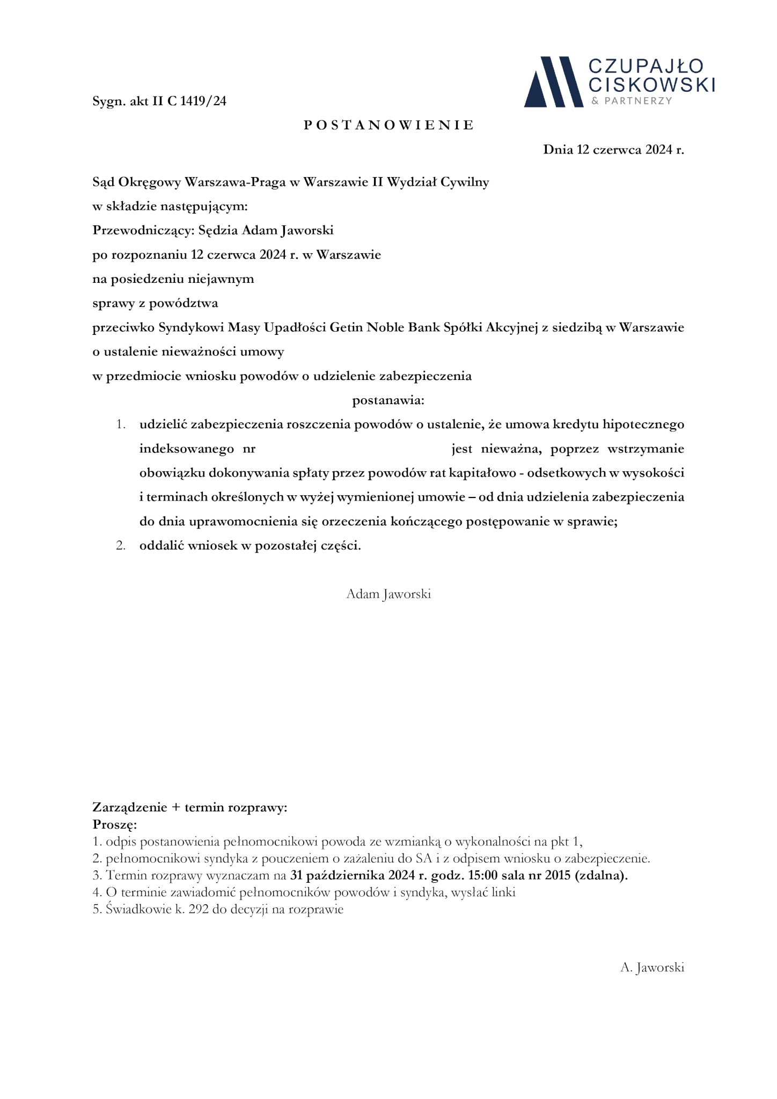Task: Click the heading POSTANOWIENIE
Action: pyautogui.click(x=388, y=125)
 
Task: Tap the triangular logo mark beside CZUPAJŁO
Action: pyautogui.click(x=553, y=82)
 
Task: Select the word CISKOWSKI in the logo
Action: pyautogui.click(x=651, y=84)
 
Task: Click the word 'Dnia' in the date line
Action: pyautogui.click(x=558, y=150)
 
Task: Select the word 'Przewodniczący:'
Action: pyautogui.click(x=143, y=231)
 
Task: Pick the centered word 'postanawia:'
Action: pyautogui.click(x=388, y=400)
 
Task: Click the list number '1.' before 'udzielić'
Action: pyautogui.click(x=121, y=424)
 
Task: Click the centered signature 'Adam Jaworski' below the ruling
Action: pyautogui.click(x=388, y=594)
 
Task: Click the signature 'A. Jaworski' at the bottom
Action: pyautogui.click(x=652, y=968)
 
